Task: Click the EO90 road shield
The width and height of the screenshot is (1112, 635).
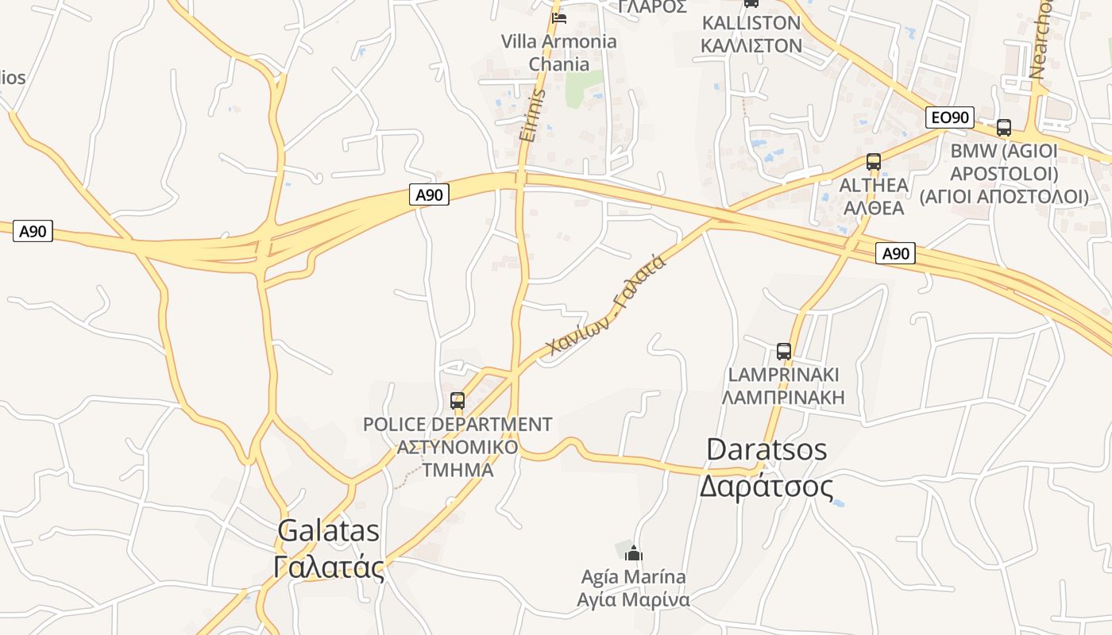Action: point(950,118)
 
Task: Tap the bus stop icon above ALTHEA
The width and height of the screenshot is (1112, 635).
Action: point(874,161)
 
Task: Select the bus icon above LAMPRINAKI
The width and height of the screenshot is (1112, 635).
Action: point(784,351)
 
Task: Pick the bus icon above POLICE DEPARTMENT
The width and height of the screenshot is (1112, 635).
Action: point(458,401)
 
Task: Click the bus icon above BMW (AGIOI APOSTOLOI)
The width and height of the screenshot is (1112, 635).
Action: point(1004,127)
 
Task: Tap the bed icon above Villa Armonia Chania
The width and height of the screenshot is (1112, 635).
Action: point(559,17)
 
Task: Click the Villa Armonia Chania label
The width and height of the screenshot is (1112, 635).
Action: point(559,52)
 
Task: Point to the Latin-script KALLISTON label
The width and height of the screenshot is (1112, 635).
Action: point(751,22)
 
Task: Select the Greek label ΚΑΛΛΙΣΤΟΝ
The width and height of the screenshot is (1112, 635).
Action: point(751,45)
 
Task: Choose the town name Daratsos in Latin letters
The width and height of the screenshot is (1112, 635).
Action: point(766,450)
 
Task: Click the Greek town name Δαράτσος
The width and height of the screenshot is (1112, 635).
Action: point(766,486)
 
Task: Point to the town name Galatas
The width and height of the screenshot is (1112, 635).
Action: point(329,531)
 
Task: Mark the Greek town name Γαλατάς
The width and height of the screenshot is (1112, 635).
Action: point(329,567)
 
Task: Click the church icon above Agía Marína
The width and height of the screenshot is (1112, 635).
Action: point(633,552)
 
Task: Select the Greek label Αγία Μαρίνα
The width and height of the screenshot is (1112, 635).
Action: point(633,599)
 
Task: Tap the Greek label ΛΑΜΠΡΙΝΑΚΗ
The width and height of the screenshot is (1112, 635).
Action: point(783,397)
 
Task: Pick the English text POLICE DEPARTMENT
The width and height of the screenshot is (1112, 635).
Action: point(458,425)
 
